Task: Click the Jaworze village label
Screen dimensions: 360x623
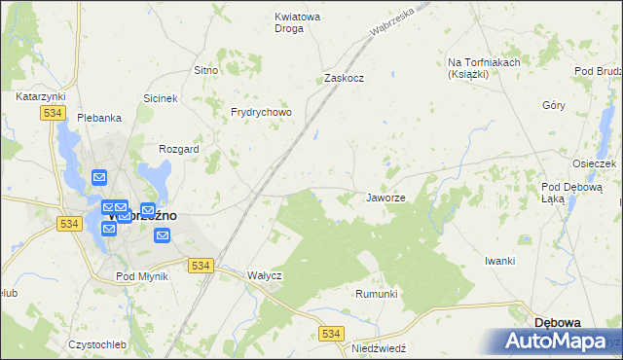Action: (x=385, y=198)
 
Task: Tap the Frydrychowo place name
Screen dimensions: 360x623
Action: (x=262, y=113)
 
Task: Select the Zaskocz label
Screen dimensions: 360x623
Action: (x=344, y=79)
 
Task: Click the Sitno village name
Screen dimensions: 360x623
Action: (x=205, y=71)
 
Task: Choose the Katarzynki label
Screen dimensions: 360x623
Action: (x=40, y=97)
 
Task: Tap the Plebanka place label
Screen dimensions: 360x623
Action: (x=99, y=118)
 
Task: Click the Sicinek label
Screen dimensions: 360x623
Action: (x=161, y=98)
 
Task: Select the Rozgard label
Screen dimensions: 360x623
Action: (x=178, y=150)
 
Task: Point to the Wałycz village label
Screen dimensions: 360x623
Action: (x=264, y=275)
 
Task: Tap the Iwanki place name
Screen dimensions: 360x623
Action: (x=499, y=261)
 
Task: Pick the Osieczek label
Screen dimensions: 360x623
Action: (x=594, y=163)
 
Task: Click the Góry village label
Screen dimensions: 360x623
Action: (x=554, y=105)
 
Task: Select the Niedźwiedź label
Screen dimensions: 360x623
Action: (x=379, y=347)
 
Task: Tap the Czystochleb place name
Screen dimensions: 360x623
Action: (x=98, y=344)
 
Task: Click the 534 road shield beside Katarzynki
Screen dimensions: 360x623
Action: (x=54, y=114)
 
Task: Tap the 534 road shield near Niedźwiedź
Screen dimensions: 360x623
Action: (x=332, y=334)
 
